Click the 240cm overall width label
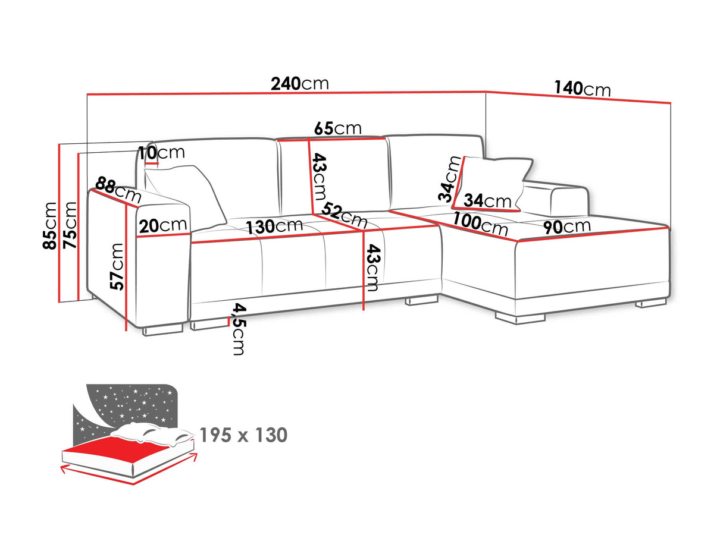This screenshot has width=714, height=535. click(300, 84)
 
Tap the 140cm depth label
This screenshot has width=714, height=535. click(583, 89)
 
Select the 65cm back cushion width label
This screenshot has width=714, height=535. click(337, 128)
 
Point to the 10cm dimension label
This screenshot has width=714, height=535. click(161, 152)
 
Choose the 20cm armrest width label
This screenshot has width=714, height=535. click(163, 226)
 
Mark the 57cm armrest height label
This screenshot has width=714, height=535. click(117, 266)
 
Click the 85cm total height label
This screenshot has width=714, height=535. click(49, 226)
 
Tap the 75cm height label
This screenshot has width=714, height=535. click(70, 225)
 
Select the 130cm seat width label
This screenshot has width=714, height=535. click(274, 226)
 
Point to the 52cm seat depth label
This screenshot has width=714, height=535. click(345, 215)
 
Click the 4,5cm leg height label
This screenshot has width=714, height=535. click(239, 329)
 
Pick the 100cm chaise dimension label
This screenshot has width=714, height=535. click(480, 224)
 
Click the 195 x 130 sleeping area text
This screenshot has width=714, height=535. click(243, 435)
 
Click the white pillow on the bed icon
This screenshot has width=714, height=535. click(151, 435)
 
